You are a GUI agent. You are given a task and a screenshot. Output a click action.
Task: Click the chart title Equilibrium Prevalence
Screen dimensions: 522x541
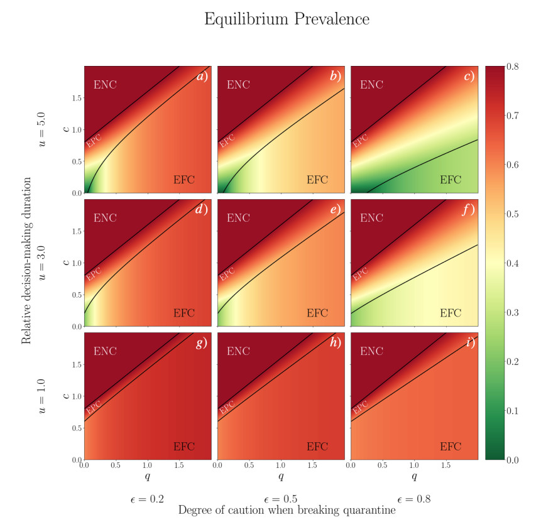pos(287,19)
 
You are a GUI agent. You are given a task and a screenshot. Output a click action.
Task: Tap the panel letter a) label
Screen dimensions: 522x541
pos(202,77)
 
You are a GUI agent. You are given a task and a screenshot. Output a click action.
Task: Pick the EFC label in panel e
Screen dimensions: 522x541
pos(317,313)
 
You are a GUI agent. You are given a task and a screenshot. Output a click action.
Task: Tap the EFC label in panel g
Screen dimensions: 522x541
pos(184,447)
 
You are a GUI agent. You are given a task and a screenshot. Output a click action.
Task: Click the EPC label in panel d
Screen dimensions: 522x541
pos(93,273)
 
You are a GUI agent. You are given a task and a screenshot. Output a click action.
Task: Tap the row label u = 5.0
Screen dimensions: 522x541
pos(43,129)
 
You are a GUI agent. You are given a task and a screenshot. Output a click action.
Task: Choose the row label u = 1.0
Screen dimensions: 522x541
pos(43,396)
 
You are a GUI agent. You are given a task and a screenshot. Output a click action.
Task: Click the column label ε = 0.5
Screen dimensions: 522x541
pos(281,499)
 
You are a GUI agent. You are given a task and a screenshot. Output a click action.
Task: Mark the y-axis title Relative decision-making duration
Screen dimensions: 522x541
pos(26,263)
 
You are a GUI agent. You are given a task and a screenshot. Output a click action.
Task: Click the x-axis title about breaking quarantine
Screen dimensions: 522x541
pos(287,511)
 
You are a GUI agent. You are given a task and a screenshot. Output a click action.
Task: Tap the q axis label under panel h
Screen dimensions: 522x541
pos(281,476)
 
